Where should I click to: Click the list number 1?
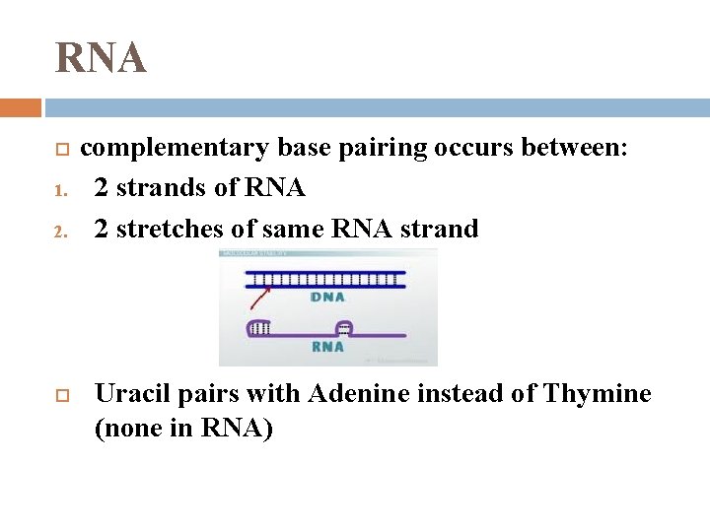pos(59,189)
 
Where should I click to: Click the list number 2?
pos(59,231)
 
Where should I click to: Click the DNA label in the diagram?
pos(327,297)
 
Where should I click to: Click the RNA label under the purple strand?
pos(327,347)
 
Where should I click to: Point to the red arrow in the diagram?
pos(263,294)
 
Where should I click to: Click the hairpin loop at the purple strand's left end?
pos(258,329)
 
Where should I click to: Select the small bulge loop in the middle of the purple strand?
pos(344,327)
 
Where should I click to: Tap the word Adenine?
pos(357,394)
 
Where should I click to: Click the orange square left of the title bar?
pos(20,107)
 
